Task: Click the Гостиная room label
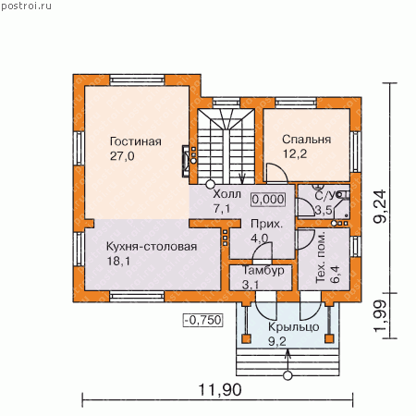(x=136, y=141)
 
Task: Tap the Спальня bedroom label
(x=307, y=140)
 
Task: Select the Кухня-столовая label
(x=152, y=247)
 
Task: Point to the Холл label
(x=226, y=194)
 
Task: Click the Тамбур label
(x=263, y=270)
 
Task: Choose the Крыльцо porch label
(x=294, y=327)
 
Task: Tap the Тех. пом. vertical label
(x=321, y=257)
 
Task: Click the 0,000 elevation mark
(x=268, y=200)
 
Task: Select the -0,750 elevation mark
(x=203, y=320)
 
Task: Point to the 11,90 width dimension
(x=220, y=390)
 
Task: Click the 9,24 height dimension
(x=380, y=206)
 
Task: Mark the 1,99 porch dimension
(x=380, y=316)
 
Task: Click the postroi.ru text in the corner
(x=26, y=6)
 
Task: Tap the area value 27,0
(x=122, y=156)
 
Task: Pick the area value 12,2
(x=295, y=153)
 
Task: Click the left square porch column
(x=246, y=338)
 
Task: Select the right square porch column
(x=329, y=338)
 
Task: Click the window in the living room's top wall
(x=137, y=80)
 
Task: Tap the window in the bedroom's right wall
(x=356, y=152)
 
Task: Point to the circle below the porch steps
(x=288, y=375)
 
